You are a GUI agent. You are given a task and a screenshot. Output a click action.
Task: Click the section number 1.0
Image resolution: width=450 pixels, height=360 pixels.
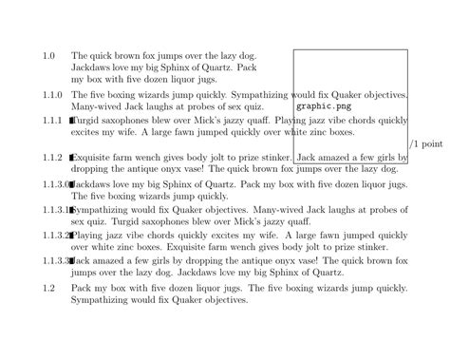click(49, 57)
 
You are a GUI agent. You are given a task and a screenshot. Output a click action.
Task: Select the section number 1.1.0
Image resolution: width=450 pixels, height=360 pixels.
click(51, 96)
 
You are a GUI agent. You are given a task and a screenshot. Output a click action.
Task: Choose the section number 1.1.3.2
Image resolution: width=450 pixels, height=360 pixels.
click(55, 234)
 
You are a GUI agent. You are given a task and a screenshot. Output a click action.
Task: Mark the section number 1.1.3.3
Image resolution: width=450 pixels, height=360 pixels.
click(55, 259)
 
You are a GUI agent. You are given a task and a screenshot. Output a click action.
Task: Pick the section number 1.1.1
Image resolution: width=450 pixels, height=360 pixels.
click(51, 122)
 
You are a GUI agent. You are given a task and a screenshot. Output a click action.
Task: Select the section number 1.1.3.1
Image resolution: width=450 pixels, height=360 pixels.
click(55, 208)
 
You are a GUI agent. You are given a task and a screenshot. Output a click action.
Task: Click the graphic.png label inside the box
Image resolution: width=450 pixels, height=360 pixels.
click(321, 106)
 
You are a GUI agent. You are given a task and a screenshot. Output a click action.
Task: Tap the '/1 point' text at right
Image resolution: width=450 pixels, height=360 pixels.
click(426, 144)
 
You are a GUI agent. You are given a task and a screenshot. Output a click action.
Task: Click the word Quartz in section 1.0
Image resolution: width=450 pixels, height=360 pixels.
click(215, 69)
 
